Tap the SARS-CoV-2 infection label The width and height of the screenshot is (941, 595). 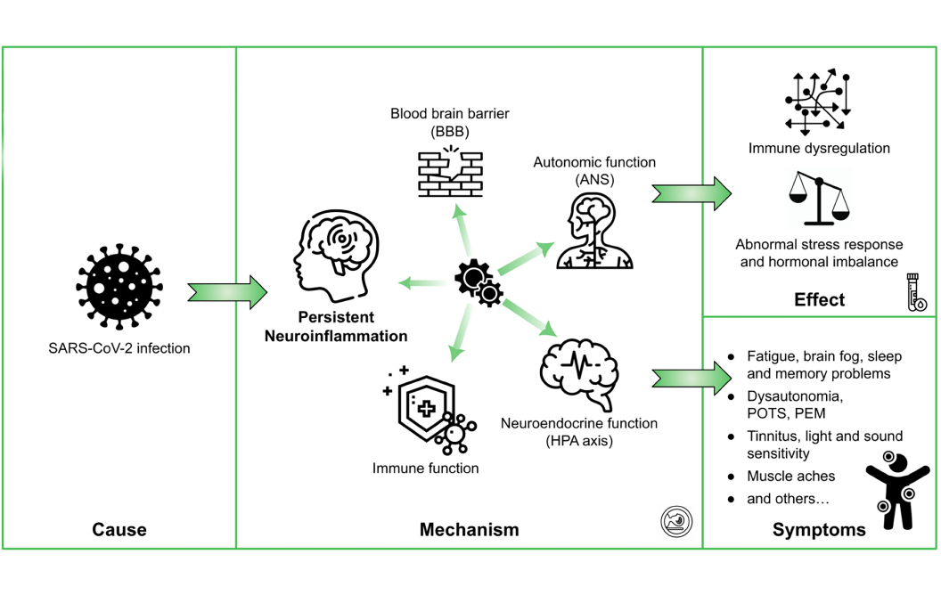119,348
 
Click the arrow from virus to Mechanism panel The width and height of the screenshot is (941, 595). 228,291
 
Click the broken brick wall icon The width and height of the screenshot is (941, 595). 450,175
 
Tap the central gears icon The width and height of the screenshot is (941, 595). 479,282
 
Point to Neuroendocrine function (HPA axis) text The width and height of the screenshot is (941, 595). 579,431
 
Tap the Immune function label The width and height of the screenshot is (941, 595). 426,469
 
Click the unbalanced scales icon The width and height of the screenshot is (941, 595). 820,200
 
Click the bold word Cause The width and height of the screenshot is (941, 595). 119,530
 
